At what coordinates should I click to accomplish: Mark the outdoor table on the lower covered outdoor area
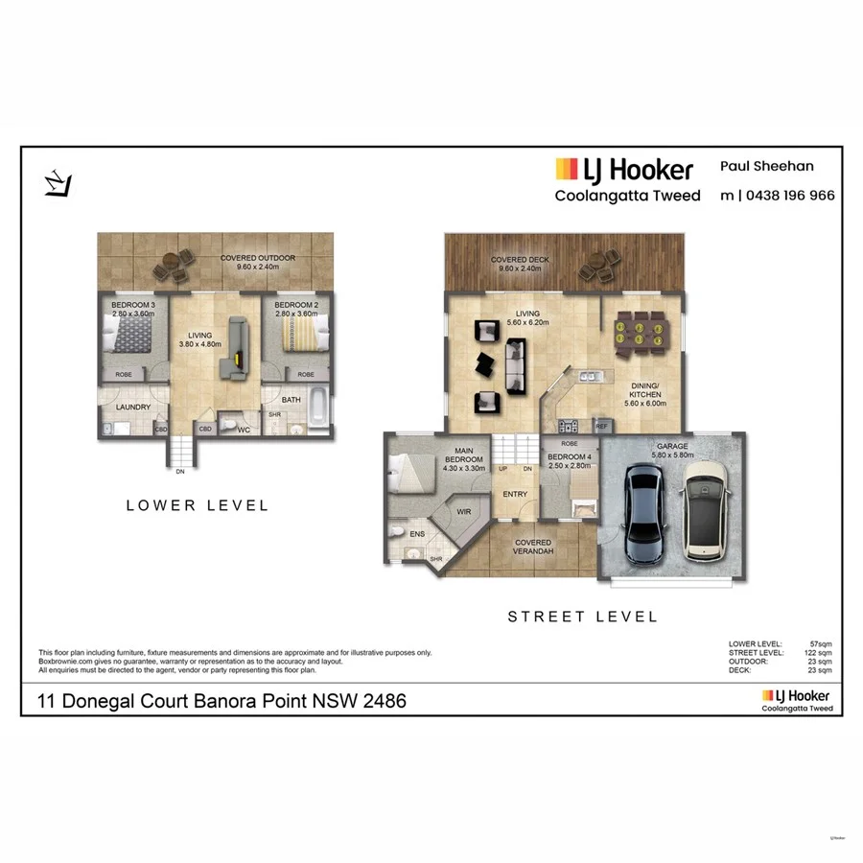pyautogui.click(x=175, y=264)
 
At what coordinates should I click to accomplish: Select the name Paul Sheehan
pyautogui.click(x=767, y=166)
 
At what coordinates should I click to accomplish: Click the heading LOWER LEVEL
pyautogui.click(x=198, y=505)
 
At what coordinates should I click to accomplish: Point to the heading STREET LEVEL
pyautogui.click(x=582, y=617)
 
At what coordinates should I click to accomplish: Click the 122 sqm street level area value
pyautogui.click(x=819, y=652)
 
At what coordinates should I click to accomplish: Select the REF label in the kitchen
pyautogui.click(x=602, y=426)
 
